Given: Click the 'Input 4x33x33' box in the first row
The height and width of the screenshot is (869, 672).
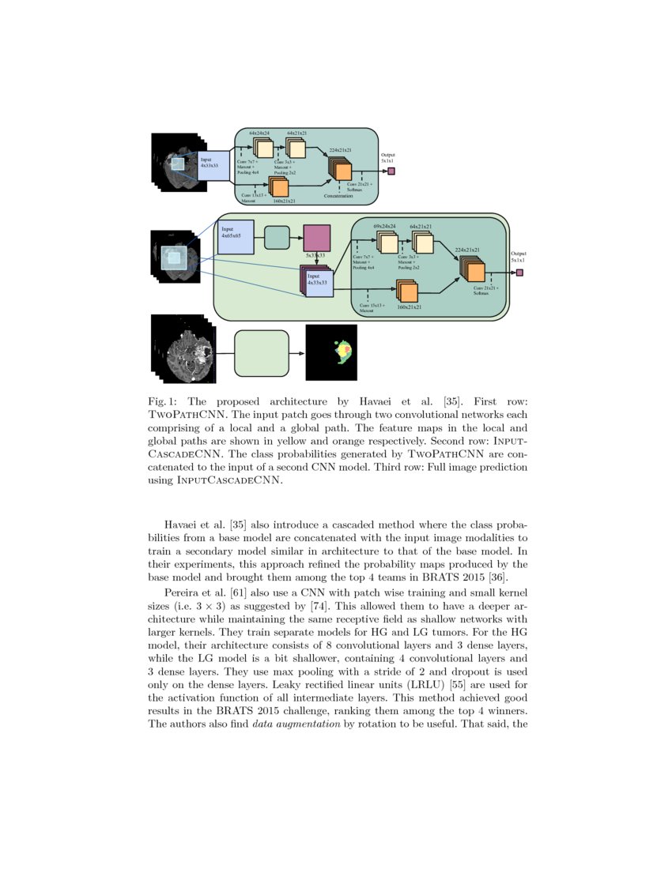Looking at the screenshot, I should (x=212, y=165).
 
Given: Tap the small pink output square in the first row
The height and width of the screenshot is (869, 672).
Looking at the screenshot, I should (x=391, y=171).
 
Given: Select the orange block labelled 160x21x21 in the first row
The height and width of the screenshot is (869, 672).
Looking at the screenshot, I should (x=279, y=187).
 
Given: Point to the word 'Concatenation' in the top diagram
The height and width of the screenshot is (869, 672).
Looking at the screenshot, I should (x=338, y=195).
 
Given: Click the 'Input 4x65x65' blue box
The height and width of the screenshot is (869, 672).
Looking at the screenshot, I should (x=235, y=237).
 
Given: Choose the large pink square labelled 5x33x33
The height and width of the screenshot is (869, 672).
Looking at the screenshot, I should (x=316, y=238).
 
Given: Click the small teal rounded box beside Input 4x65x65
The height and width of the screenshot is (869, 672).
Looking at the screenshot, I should (x=277, y=237).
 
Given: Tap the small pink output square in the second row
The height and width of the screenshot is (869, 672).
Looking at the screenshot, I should (x=519, y=273).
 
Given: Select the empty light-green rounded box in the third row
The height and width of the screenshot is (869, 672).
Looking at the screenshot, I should (x=262, y=353).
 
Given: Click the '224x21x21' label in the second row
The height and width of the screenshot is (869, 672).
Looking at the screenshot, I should (x=467, y=250).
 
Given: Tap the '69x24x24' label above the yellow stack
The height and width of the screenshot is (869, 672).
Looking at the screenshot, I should (x=384, y=227).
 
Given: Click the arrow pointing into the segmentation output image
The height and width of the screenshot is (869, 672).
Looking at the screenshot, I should (x=297, y=353).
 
